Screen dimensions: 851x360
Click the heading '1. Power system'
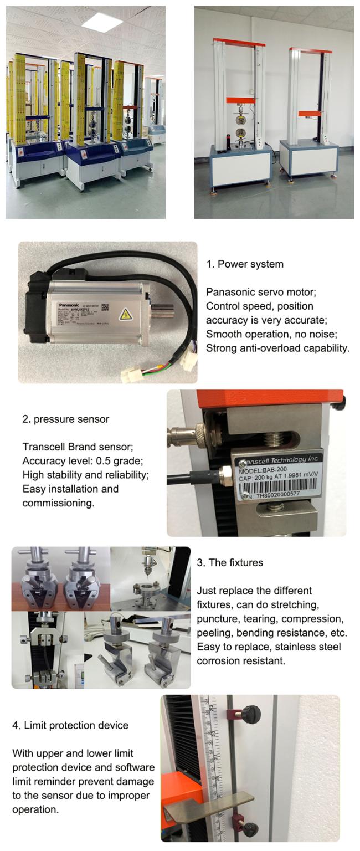(244, 264)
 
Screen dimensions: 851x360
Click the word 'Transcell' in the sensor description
(43, 447)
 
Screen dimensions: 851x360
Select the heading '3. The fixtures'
(230, 563)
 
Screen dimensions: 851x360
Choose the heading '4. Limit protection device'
(70, 725)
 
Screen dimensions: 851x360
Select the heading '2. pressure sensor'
(65, 419)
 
